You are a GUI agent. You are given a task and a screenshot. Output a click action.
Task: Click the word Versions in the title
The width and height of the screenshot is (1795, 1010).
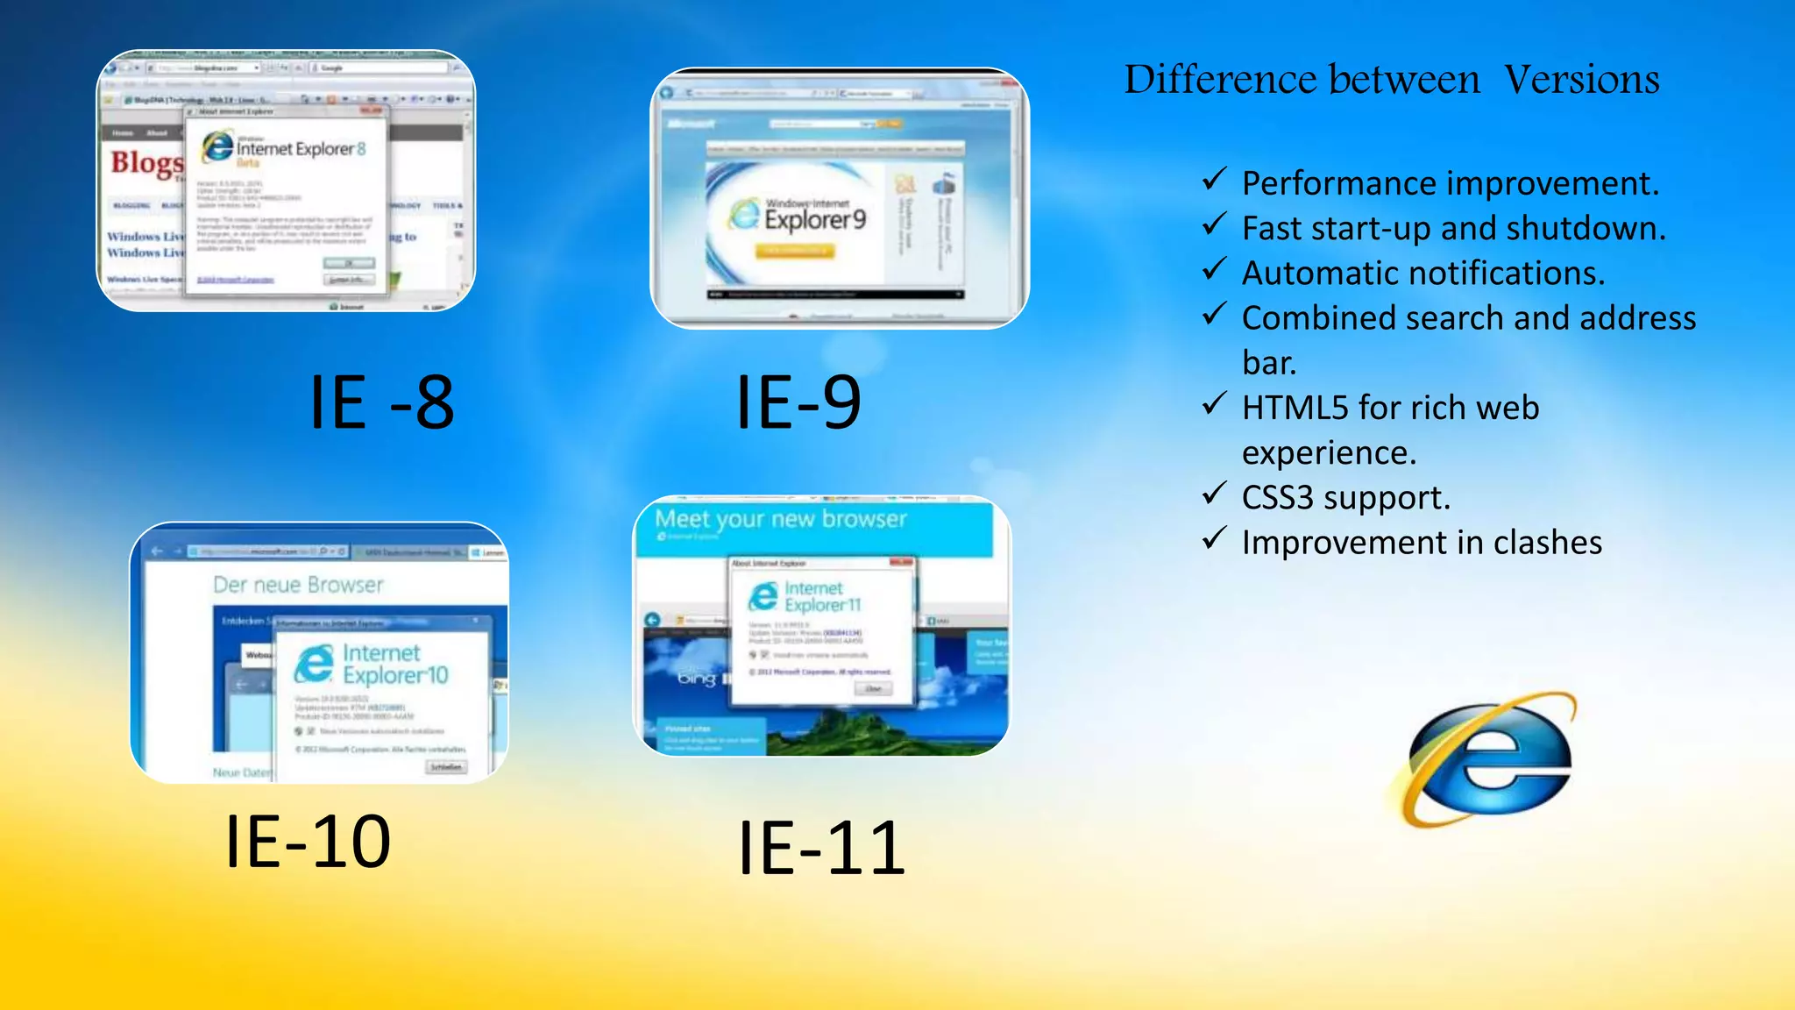[x=1581, y=80]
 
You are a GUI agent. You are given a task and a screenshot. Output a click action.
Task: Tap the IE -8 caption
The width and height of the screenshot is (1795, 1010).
[x=382, y=402]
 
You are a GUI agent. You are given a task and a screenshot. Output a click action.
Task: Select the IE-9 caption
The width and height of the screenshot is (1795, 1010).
[x=798, y=402]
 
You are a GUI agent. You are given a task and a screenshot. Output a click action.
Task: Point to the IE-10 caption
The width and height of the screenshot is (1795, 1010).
[x=308, y=842]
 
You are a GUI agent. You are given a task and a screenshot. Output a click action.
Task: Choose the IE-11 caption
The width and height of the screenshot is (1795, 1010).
[x=821, y=848]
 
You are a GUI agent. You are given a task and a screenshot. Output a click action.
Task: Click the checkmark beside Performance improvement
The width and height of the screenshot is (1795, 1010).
[x=1214, y=180]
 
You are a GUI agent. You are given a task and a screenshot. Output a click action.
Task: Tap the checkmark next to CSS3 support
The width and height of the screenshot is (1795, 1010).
[x=1214, y=494]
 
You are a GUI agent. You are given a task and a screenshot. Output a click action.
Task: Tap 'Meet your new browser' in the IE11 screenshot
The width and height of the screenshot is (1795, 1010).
[x=780, y=519]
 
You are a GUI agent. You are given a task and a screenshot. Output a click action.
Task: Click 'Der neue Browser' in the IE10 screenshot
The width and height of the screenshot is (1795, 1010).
[x=298, y=585]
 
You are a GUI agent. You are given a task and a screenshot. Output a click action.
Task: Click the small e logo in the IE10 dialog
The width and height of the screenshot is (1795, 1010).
[x=314, y=664]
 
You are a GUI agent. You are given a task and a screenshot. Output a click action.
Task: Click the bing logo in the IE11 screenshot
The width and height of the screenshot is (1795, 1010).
[x=697, y=679]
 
